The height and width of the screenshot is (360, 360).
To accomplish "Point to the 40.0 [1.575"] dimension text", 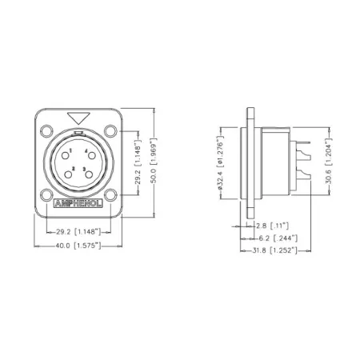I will pos(78,246).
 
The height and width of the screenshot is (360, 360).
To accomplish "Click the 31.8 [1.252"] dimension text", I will pos(276,250).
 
